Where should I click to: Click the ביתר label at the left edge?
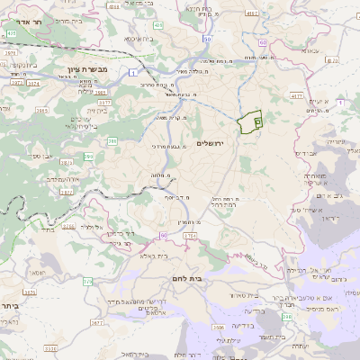(8, 304)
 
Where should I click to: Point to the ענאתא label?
(313, 51)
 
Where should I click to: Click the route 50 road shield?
(208, 40)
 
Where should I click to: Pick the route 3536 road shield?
(50, 347)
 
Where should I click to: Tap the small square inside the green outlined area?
(257, 120)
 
